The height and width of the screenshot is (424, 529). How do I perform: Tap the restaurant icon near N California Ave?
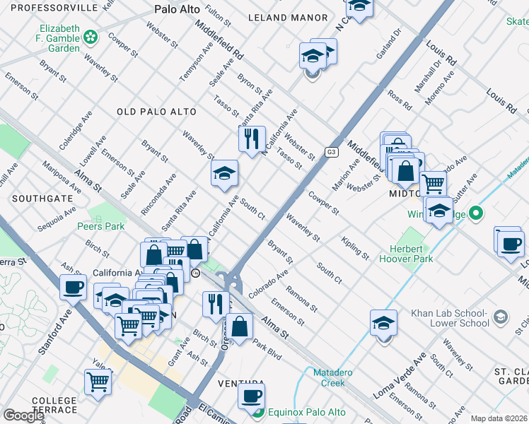(251, 139)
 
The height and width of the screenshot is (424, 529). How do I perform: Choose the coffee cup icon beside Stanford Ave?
(73, 286)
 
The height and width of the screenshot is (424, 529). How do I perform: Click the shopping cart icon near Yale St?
(98, 381)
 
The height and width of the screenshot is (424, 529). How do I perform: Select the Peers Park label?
(100, 226)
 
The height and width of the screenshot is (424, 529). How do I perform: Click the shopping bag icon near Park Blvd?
(240, 326)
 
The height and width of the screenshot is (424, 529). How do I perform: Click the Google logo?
(23, 416)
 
